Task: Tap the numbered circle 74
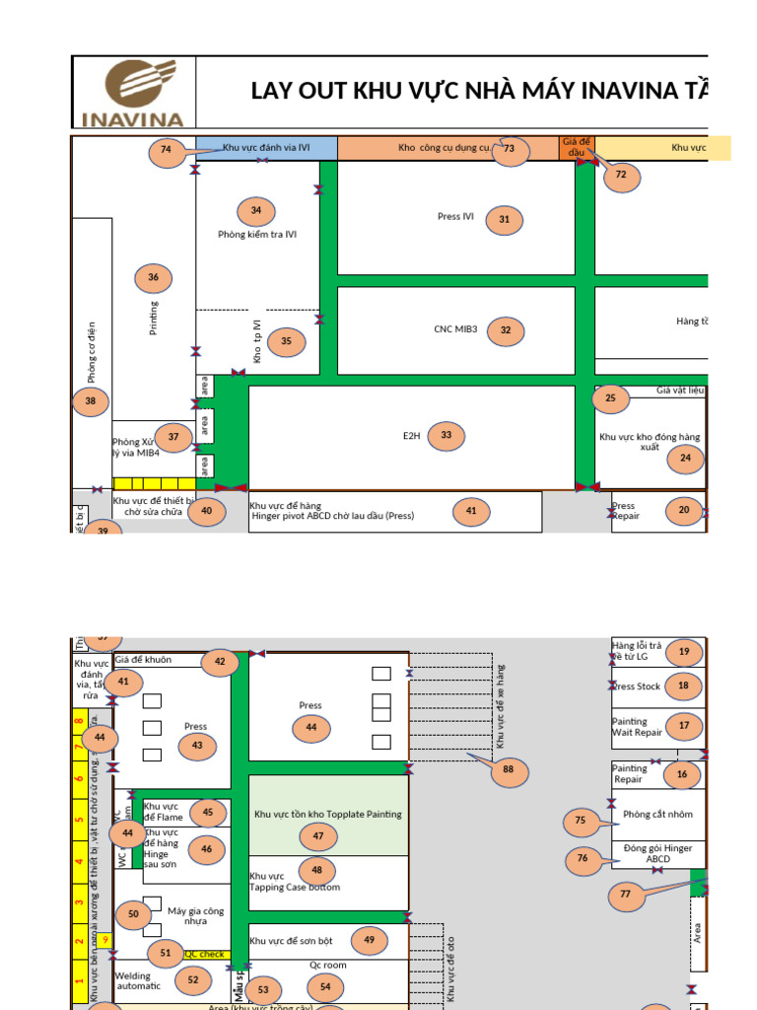pos(166,151)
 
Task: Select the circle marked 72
pos(621,177)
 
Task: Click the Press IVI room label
pos(455,216)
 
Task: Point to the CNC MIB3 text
pos(455,329)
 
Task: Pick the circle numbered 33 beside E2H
pos(446,435)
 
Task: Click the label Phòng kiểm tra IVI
pos(257,235)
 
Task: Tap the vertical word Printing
pos(154,318)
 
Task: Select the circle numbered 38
pos(91,401)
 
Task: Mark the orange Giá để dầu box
pos(576,147)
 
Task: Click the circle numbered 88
pos(509,770)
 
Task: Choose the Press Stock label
pos(637,686)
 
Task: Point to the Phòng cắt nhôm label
pos(657,815)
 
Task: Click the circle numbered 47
pos(317,835)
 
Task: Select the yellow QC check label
pos(205,955)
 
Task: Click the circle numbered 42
pos(220,663)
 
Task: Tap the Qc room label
pos(328,966)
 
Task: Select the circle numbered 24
pos(685,458)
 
